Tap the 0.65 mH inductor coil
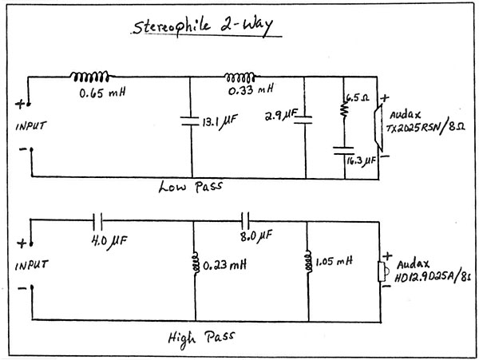point(89,77)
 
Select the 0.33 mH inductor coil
point(241,77)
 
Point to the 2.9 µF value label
point(280,117)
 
